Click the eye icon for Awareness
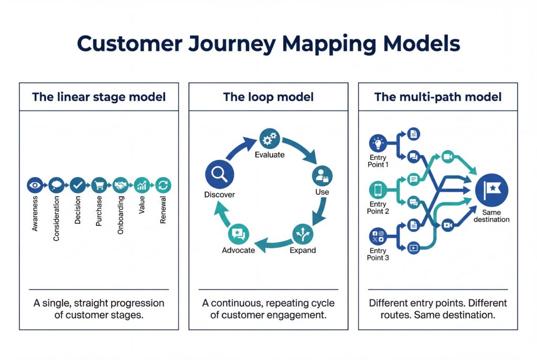34,184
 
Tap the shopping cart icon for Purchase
99,184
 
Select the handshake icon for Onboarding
120,184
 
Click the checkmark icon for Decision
77,184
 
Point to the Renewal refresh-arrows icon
163,184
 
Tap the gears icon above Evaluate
269,139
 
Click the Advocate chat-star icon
238,233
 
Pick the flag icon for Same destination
491,189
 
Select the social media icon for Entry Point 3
378,236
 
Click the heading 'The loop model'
268,97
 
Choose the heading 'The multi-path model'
437,97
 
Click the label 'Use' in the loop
322,192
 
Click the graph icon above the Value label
142,184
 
